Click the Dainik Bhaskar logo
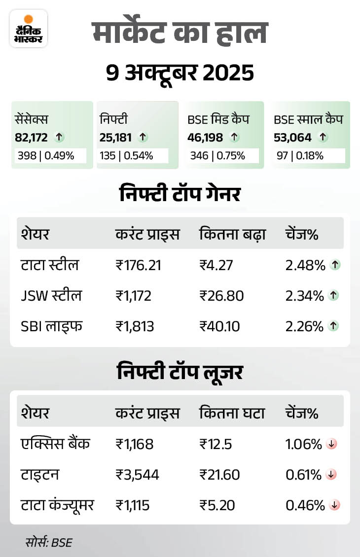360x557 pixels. [x=29, y=28]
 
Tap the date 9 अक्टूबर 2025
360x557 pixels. [x=180, y=73]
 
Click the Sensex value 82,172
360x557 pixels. [x=31, y=138]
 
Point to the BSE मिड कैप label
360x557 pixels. [x=217, y=119]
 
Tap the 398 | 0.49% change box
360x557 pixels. [x=51, y=156]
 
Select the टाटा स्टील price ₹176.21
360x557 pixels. [x=138, y=266]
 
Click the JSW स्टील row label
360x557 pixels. [x=51, y=296]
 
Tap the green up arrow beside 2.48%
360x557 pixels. [x=335, y=265]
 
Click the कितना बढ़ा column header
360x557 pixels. [x=233, y=234]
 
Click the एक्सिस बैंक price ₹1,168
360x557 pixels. [x=135, y=444]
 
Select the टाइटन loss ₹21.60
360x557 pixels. [x=219, y=475]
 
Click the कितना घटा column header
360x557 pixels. [x=232, y=413]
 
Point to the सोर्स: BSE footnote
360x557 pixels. [x=49, y=543]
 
